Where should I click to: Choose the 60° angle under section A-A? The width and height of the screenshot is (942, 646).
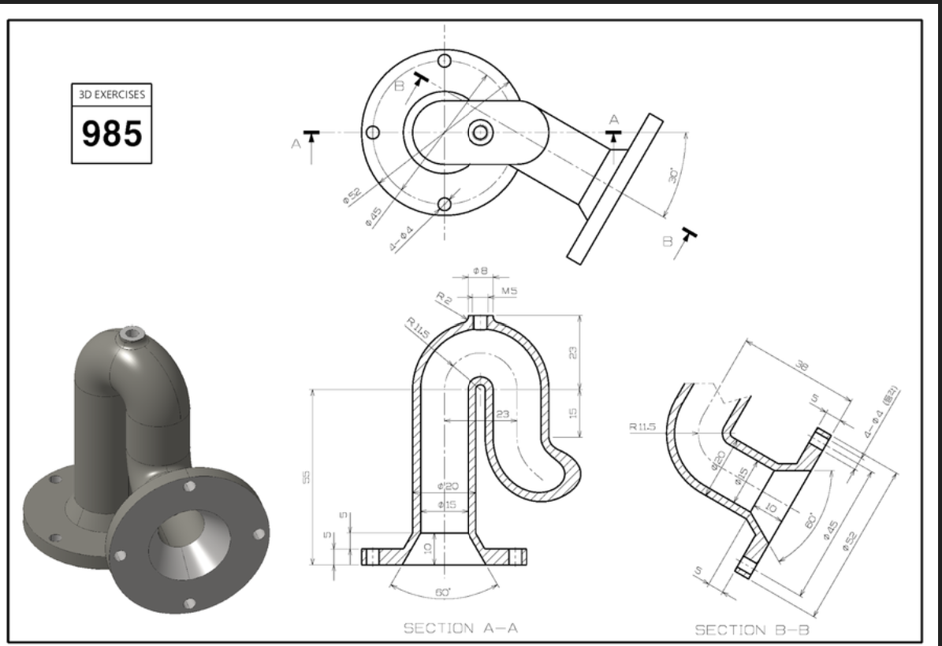(444, 591)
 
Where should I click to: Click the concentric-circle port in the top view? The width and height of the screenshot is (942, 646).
(478, 132)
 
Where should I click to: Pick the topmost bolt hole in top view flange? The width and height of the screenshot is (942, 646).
(445, 61)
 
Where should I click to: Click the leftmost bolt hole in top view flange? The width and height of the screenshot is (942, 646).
(374, 132)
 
